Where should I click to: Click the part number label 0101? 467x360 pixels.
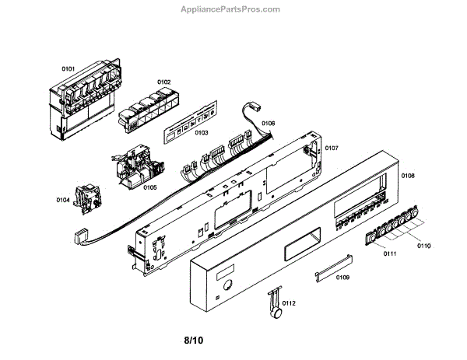click(x=69, y=69)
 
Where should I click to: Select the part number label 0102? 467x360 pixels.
click(x=163, y=82)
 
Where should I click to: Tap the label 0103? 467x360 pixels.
click(x=201, y=133)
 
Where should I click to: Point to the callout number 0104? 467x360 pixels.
click(x=63, y=200)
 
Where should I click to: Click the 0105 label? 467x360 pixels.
click(x=150, y=187)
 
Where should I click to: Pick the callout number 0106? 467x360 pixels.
click(x=268, y=123)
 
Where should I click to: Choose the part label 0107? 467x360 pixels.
click(x=332, y=147)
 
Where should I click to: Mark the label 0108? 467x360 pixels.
click(x=408, y=177)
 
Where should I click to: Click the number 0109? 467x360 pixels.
click(x=342, y=277)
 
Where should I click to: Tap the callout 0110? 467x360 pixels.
click(x=423, y=246)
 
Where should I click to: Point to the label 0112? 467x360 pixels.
click(x=289, y=302)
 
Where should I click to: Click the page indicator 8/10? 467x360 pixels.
click(x=194, y=341)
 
